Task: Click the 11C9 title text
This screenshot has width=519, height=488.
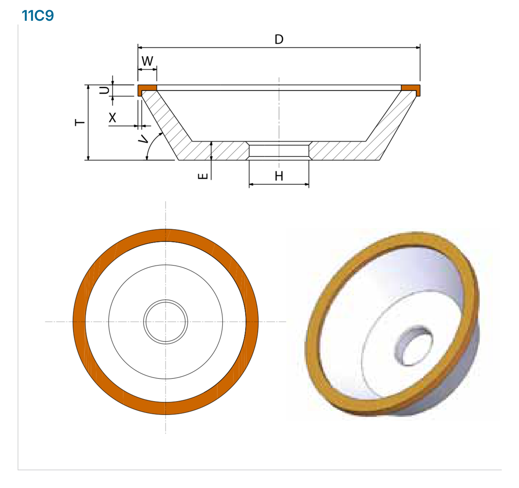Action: point(38,16)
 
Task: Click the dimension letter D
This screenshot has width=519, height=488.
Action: point(279,39)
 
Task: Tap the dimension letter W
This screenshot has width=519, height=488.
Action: point(147,61)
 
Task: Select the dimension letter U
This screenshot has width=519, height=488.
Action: point(104,90)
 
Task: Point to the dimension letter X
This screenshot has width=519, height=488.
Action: point(112,117)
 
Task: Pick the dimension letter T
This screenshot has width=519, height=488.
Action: point(80,122)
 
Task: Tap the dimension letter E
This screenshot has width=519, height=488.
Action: point(203,176)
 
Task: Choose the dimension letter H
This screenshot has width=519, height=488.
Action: point(279,176)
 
